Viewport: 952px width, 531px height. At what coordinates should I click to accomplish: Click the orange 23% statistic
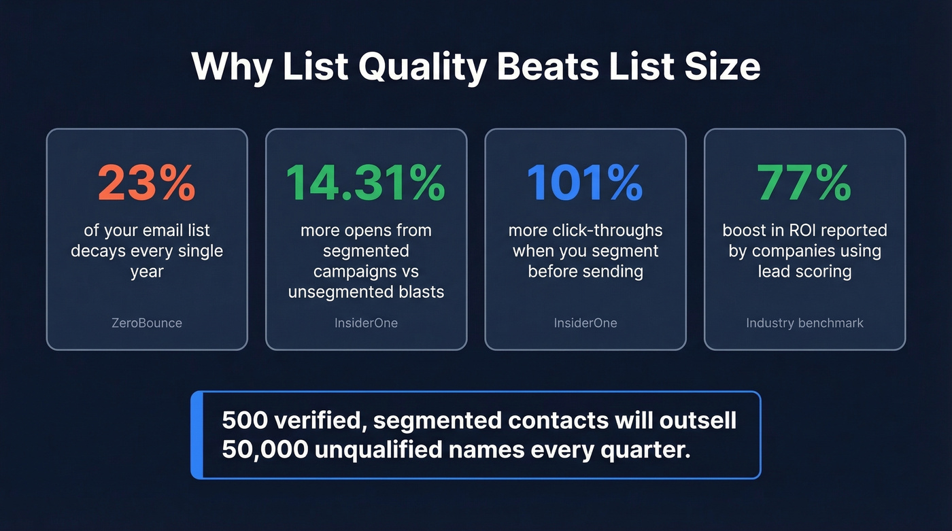click(147, 182)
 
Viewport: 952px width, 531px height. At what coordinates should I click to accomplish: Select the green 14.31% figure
click(366, 182)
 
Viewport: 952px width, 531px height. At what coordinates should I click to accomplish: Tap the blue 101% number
click(585, 182)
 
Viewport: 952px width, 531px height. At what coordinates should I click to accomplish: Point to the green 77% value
click(804, 182)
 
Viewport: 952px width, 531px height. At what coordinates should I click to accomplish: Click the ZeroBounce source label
click(147, 323)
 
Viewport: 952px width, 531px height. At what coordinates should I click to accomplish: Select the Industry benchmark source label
click(804, 323)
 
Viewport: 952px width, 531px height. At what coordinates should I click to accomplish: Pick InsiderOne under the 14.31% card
click(366, 323)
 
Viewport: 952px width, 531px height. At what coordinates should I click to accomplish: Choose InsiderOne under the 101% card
click(585, 323)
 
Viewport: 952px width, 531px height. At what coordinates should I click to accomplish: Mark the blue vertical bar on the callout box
click(197, 435)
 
